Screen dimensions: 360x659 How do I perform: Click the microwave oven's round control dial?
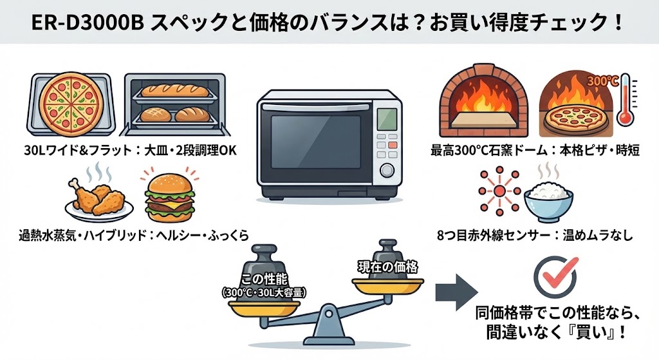[x=388, y=171]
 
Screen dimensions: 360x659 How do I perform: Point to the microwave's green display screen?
[x=387, y=119]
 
